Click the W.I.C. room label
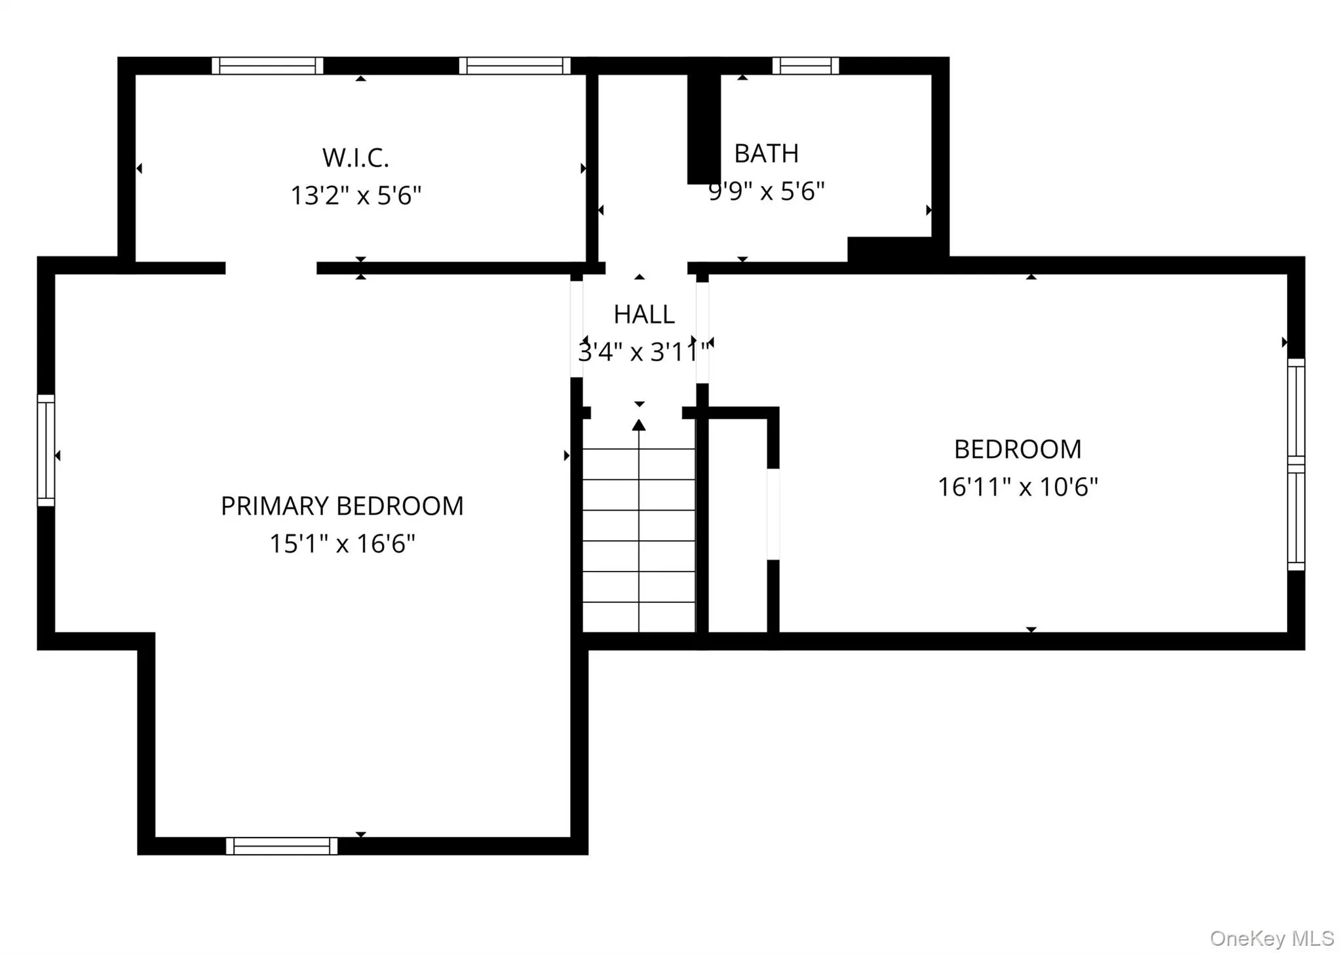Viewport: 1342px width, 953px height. [355, 158]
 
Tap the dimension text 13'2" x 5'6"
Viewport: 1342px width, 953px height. [355, 195]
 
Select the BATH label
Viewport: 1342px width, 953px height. [766, 154]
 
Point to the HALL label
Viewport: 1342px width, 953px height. [643, 315]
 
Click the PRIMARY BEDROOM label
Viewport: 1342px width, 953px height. [341, 506]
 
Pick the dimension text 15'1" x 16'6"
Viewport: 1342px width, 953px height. [341, 543]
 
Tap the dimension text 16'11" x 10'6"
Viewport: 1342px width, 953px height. [1017, 487]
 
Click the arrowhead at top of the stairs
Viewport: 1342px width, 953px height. [639, 425]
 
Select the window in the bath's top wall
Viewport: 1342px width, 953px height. [805, 66]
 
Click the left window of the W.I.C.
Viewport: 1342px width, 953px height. [267, 66]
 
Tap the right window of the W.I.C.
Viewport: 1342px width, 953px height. [514, 66]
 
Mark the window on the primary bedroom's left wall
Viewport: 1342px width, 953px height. [46, 450]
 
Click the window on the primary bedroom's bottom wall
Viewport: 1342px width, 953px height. [282, 846]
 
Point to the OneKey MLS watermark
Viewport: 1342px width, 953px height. [1271, 938]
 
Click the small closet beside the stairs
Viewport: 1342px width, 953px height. [738, 524]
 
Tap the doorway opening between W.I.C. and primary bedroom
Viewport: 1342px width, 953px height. [271, 268]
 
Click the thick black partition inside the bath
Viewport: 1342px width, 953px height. [703, 128]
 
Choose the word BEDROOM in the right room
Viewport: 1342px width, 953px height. [1017, 450]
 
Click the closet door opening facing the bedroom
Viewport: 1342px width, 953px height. [773, 515]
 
